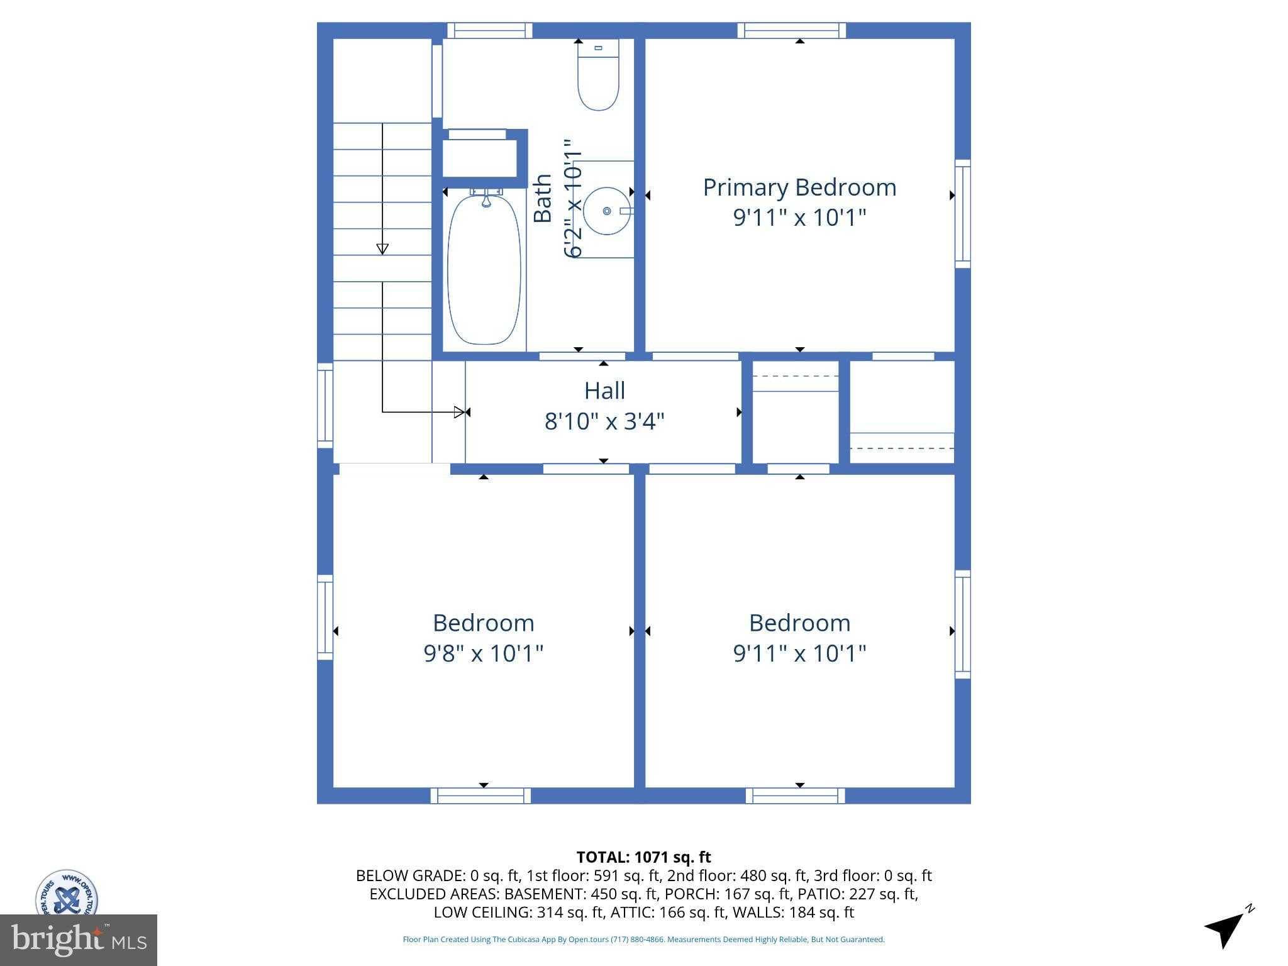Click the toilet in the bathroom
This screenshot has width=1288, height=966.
598,75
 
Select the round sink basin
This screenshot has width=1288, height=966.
606,211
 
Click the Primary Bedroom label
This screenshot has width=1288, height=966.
799,187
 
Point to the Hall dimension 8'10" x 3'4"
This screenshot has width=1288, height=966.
604,421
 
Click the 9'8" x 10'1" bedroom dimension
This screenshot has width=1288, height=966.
483,653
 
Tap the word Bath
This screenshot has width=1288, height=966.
542,198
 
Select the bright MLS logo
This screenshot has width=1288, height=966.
78,940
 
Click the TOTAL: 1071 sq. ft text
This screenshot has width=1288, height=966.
643,857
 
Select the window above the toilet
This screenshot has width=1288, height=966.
489,30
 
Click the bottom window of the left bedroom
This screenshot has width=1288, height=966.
480,796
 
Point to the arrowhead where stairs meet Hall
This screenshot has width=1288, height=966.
462,413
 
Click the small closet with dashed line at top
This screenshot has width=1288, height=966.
796,412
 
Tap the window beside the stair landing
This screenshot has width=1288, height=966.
325,405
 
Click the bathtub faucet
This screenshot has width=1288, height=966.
486,199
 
